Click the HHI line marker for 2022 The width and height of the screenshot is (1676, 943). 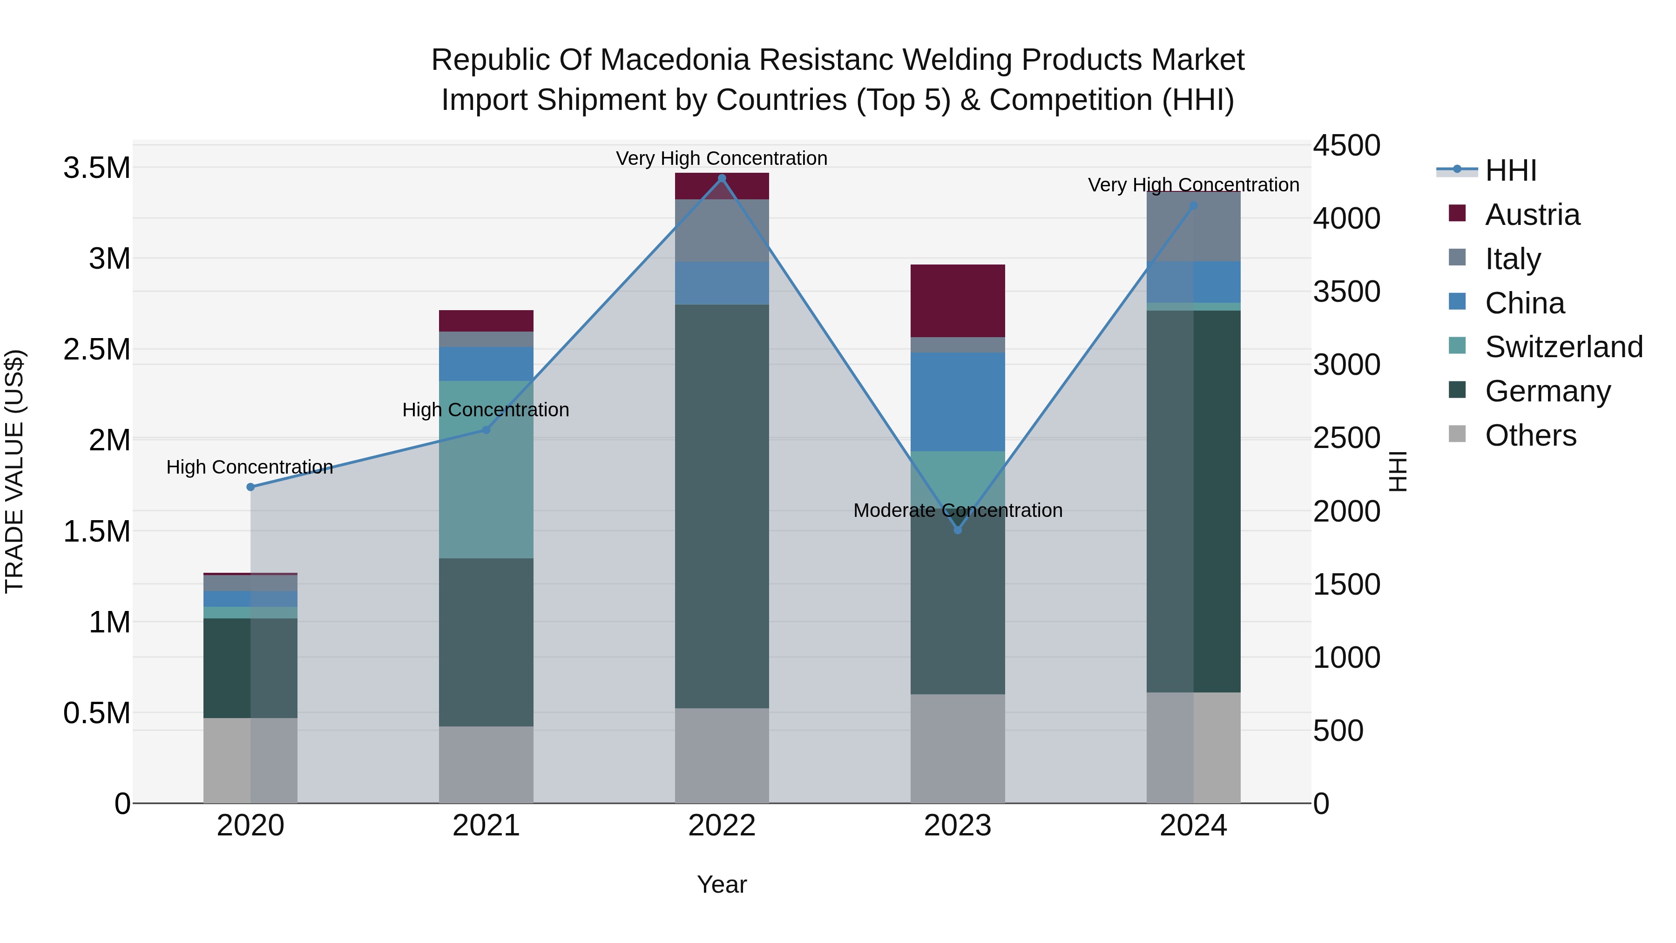tap(722, 178)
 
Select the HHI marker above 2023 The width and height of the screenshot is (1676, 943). tap(958, 530)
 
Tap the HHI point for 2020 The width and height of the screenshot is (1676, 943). tap(250, 487)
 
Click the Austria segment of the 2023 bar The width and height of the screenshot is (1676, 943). tap(958, 301)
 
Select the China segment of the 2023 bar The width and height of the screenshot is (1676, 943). tap(958, 401)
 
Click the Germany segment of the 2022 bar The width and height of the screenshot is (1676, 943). tap(722, 506)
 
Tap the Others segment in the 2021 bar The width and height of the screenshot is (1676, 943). tap(486, 765)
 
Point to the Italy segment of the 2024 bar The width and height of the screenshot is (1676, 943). tap(1193, 227)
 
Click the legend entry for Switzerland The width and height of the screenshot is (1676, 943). tap(1563, 347)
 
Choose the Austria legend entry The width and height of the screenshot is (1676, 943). tap(1532, 215)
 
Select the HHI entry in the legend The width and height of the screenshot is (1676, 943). tap(1511, 170)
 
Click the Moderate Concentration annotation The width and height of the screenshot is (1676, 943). tap(958, 510)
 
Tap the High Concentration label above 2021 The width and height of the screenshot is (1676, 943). tap(486, 410)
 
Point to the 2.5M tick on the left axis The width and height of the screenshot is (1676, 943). tap(97, 349)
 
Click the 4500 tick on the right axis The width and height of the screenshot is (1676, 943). tap(1345, 145)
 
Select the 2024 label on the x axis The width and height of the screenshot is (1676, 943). tap(1193, 826)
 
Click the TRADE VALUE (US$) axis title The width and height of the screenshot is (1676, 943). tap(14, 471)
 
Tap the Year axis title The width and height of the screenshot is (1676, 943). tap(722, 884)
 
